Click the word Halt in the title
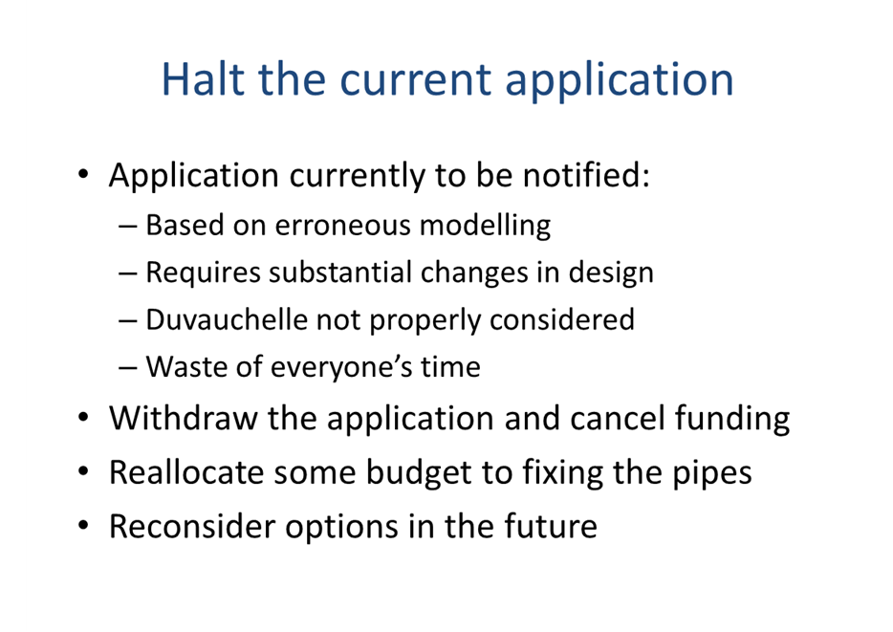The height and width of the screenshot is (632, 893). tap(204, 78)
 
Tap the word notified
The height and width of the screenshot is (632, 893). tap(587, 174)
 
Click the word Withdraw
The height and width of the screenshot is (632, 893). tap(184, 418)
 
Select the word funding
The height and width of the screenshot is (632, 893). tap(732, 420)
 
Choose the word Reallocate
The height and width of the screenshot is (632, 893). tap(186, 472)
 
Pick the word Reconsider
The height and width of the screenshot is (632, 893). tap(192, 527)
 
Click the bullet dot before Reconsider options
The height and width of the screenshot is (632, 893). tap(84, 525)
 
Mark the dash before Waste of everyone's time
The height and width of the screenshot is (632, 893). tap(128, 368)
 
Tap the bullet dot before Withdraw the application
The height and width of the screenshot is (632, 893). tap(84, 417)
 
